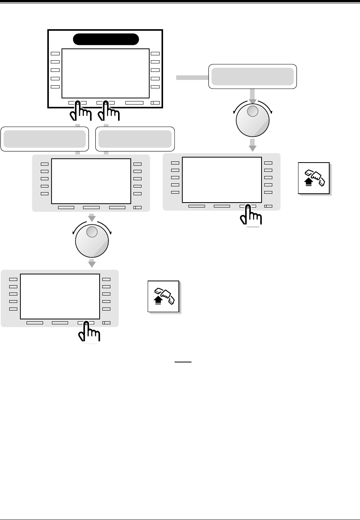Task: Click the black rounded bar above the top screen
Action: point(106,39)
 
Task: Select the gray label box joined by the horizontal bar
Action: point(253,76)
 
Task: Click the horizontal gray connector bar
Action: point(192,78)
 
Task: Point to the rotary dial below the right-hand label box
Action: point(253,120)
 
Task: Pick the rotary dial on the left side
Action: point(92,241)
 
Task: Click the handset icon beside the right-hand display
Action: point(314,178)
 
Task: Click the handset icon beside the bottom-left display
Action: point(164,296)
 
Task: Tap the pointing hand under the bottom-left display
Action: point(89,332)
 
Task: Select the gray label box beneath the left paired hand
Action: point(45,139)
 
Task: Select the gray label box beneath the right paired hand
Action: point(135,139)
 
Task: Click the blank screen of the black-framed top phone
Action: point(105,73)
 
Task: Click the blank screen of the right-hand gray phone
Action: point(222,179)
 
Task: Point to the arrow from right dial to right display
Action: point(252,145)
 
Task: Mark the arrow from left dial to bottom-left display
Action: point(92,263)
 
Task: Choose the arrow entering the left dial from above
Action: point(92,218)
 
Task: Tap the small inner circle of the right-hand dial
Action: point(253,111)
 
